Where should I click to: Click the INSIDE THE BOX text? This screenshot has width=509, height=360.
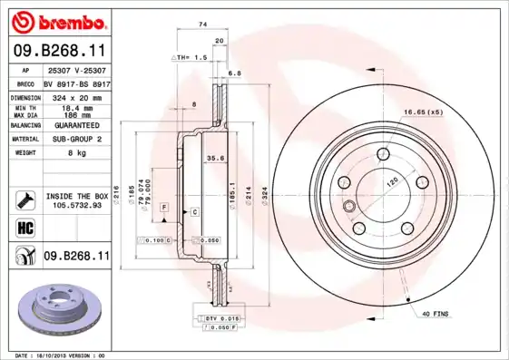click(x=77, y=196)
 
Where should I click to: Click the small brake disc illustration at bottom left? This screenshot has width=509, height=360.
click(x=61, y=309)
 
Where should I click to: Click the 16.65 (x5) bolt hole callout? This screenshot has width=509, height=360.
click(x=422, y=113)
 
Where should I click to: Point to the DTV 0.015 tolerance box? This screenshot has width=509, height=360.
click(x=220, y=318)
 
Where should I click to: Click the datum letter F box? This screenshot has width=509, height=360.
click(x=163, y=208)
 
